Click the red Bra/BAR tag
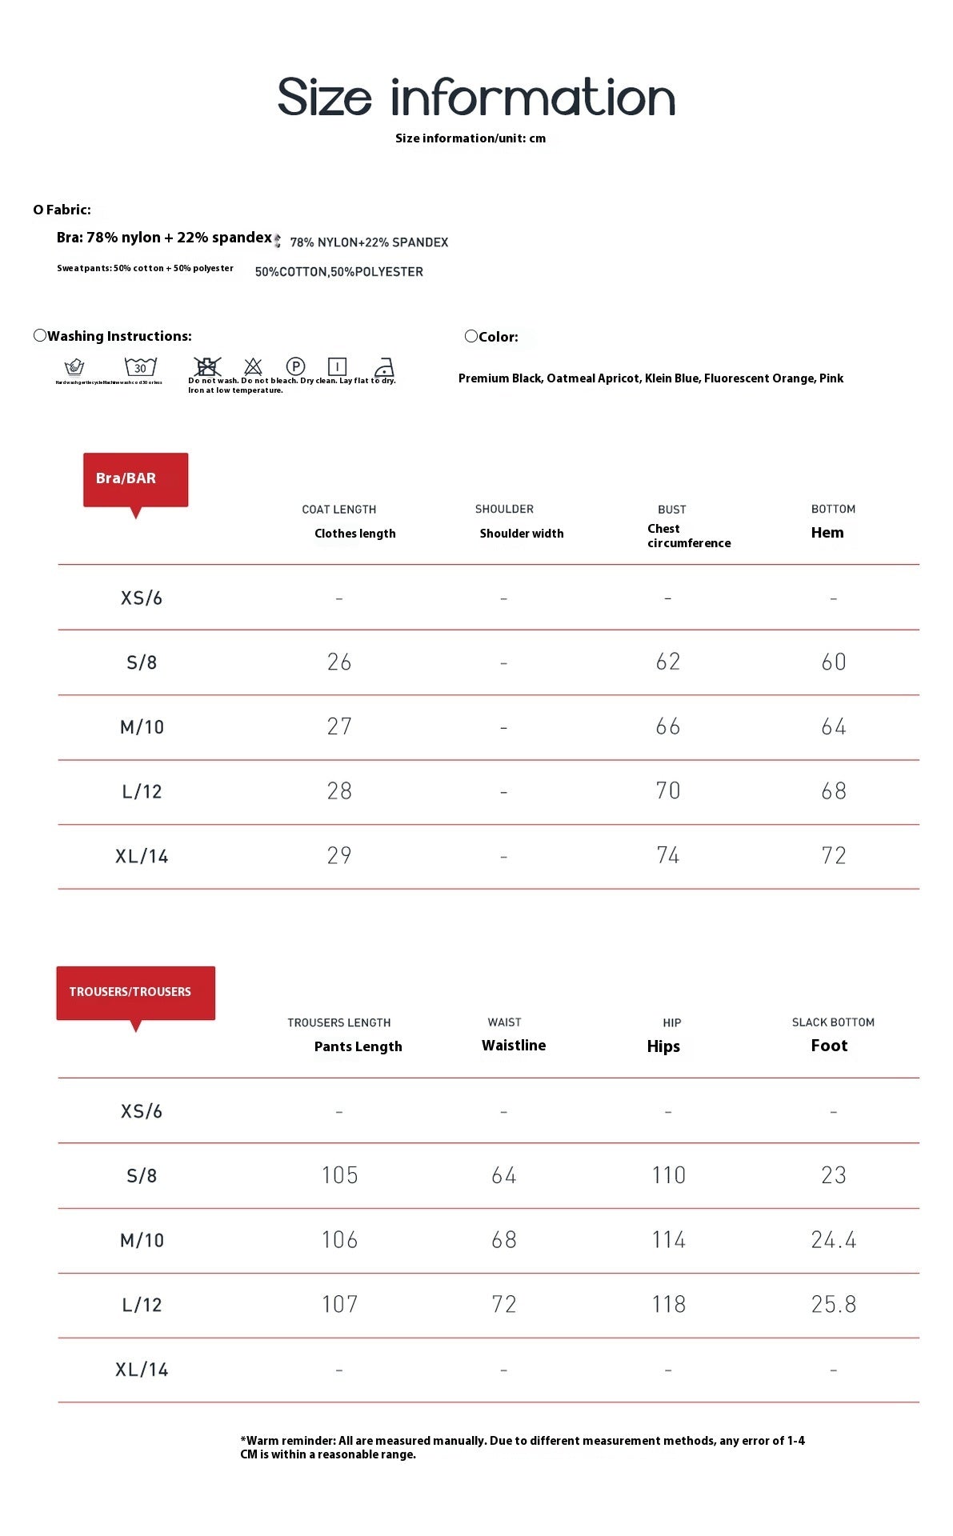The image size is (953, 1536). click(135, 479)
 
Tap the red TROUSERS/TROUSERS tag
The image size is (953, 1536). click(135, 993)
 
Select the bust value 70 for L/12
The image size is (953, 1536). click(667, 791)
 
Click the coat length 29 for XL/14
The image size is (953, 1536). click(339, 856)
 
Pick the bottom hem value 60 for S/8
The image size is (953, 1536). click(833, 662)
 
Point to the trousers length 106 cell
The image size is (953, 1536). click(339, 1240)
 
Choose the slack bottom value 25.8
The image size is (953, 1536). click(833, 1305)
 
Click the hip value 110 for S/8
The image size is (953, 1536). click(668, 1175)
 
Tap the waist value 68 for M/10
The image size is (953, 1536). click(503, 1240)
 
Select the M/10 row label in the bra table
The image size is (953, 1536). click(142, 727)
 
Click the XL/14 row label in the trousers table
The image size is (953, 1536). click(142, 1370)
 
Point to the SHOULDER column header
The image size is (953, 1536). click(504, 510)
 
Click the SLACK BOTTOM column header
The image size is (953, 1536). click(833, 1022)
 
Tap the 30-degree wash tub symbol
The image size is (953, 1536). click(140, 367)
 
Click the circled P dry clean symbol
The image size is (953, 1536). click(295, 366)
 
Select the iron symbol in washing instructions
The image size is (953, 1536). click(384, 367)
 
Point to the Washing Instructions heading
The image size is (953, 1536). click(119, 337)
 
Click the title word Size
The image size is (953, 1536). click(324, 98)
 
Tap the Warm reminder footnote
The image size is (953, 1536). click(522, 1447)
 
